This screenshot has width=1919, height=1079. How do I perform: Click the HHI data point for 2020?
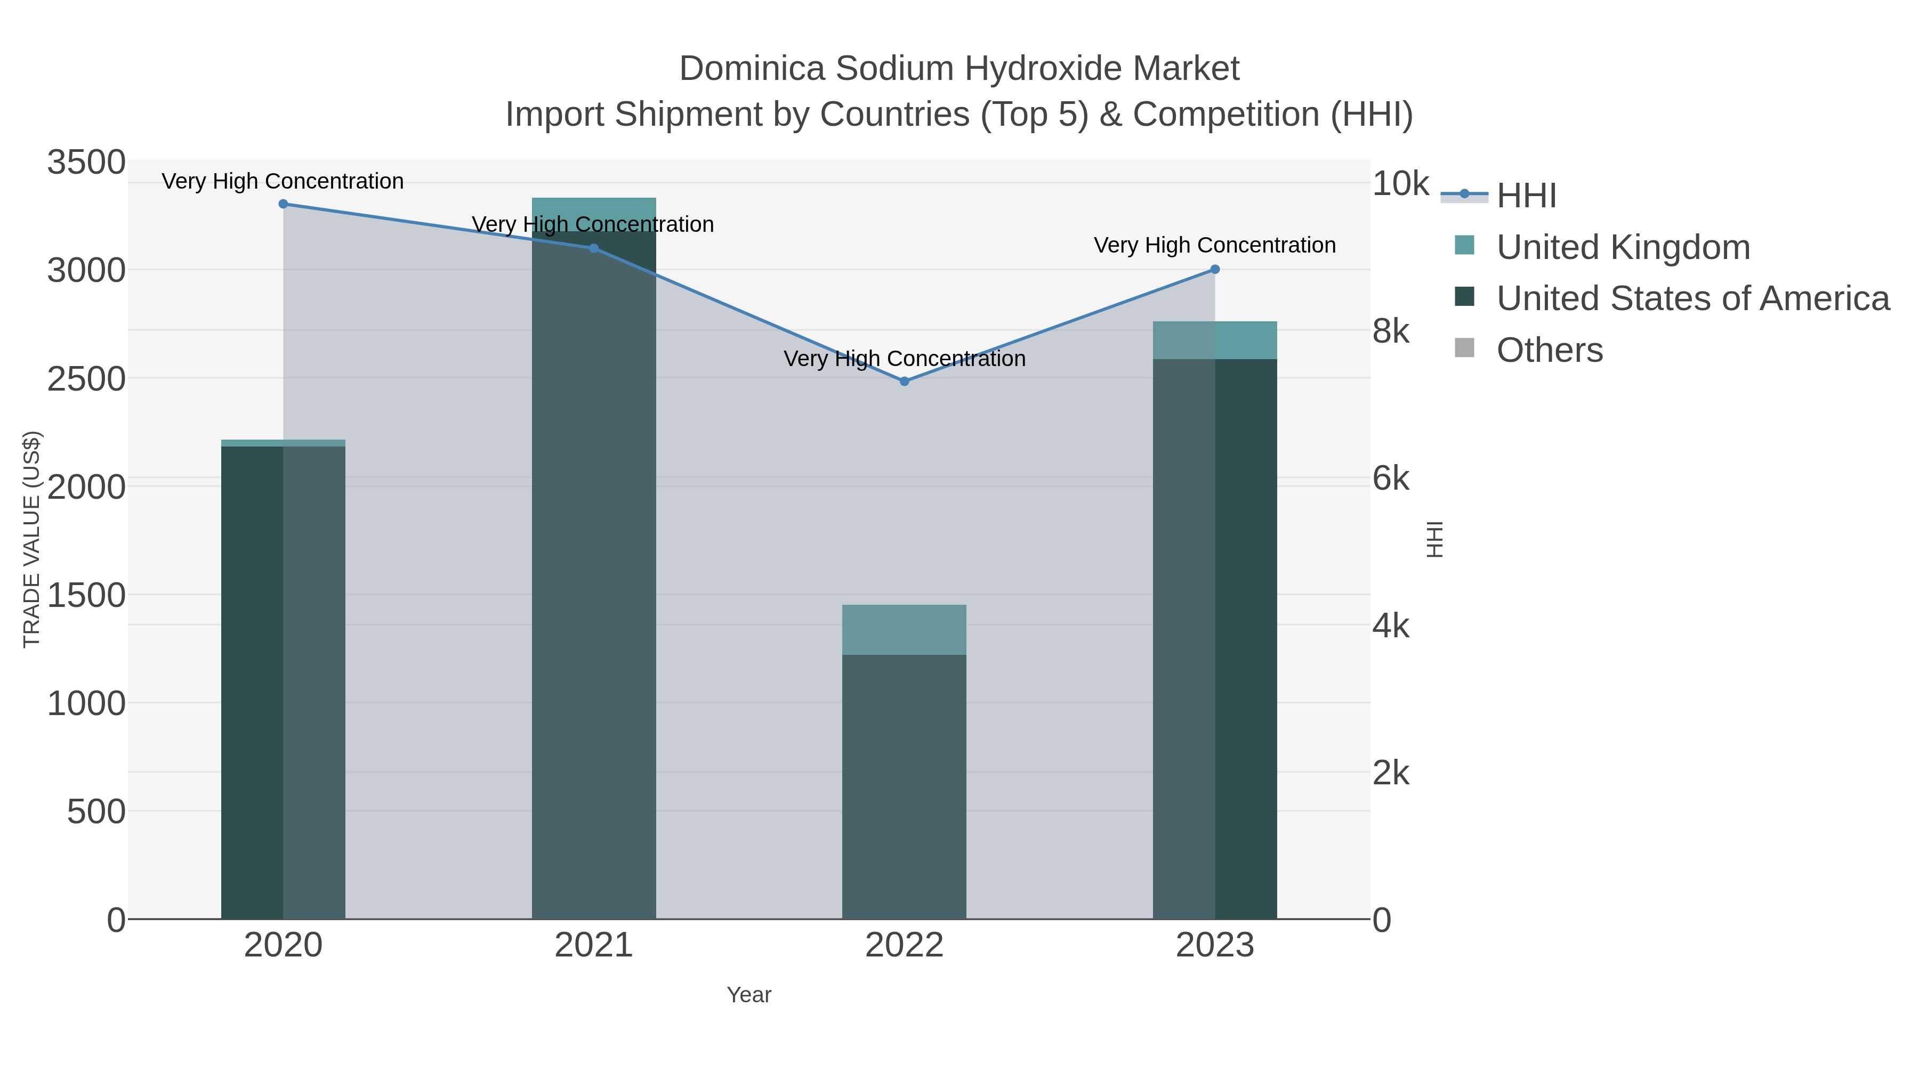coord(283,204)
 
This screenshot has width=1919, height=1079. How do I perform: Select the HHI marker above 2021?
coord(594,249)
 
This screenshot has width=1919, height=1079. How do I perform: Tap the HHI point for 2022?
coord(905,382)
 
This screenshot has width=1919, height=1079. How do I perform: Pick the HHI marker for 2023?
coord(1215,270)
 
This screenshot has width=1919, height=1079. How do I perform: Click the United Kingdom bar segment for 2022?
coord(905,630)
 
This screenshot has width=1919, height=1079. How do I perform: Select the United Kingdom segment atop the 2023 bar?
coord(1215,340)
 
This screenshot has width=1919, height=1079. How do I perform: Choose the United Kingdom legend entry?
coord(1623,247)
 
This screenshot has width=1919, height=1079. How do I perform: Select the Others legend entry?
coord(1550,350)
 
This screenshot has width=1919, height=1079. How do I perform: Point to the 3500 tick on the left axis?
coord(86,163)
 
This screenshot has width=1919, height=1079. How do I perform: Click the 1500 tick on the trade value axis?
coord(86,596)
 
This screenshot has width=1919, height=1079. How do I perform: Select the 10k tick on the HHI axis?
coord(1400,184)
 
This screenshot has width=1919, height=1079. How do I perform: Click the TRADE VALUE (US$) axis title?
coord(32,539)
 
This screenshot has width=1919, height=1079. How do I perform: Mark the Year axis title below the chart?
coord(749,995)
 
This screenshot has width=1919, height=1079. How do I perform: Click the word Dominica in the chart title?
coord(752,69)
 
